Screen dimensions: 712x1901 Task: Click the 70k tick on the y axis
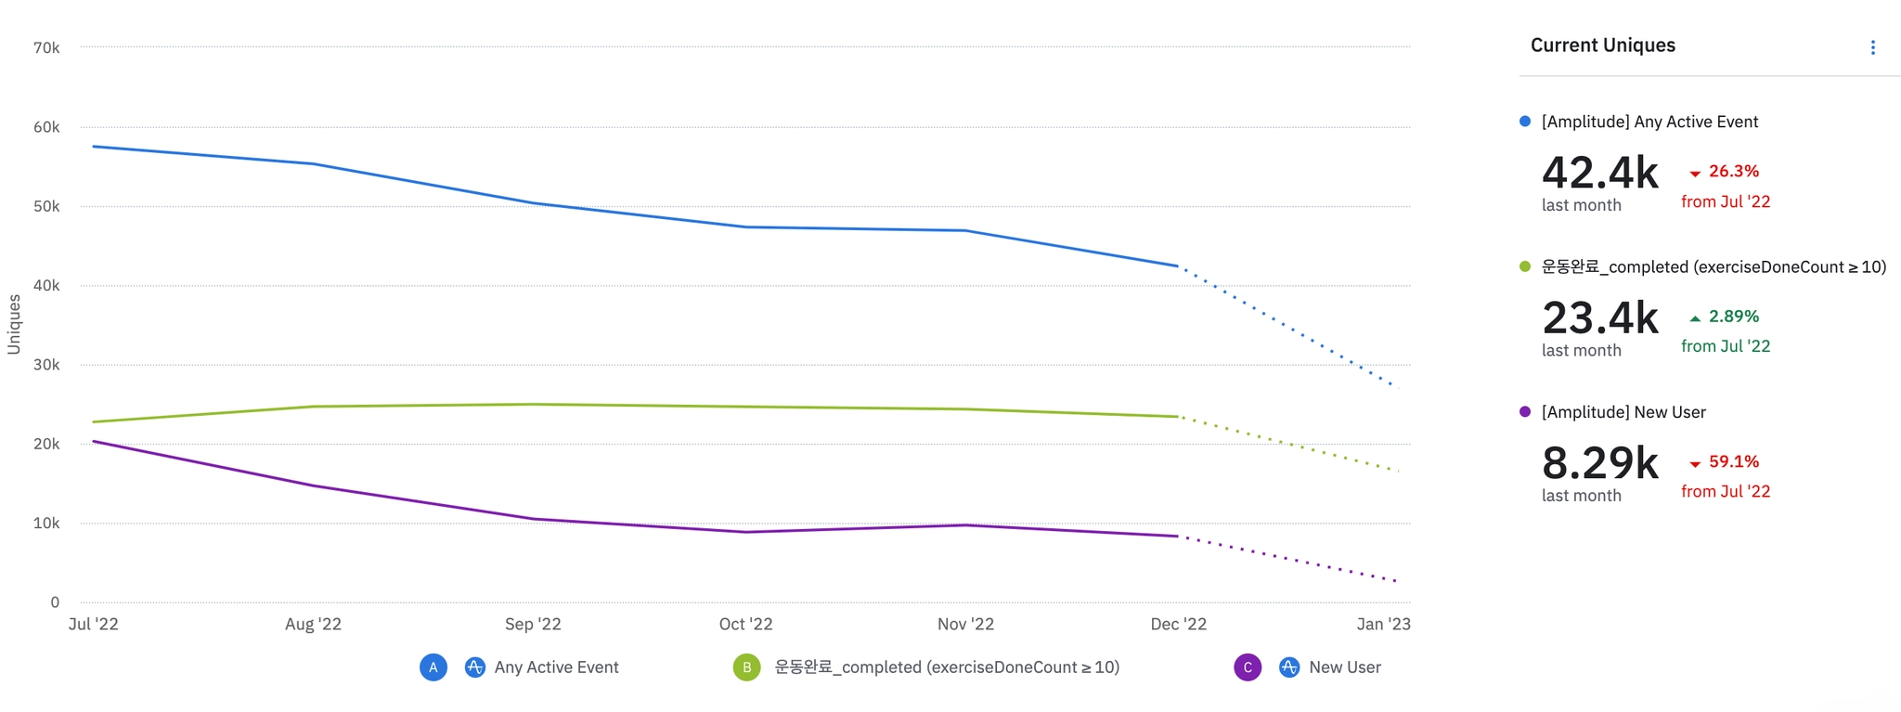[x=46, y=47]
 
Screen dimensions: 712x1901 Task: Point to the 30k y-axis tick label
[x=46, y=365]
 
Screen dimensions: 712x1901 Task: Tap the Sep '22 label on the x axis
[x=533, y=624]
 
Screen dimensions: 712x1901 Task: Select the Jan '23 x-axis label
[x=1383, y=624]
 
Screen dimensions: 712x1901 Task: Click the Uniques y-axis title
[x=14, y=324]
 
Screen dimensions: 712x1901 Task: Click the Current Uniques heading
[x=1602, y=45]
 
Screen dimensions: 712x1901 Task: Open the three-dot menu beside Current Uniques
[x=1872, y=47]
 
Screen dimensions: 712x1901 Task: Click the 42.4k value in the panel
[x=1599, y=173]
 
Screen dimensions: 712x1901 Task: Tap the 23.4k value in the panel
[x=1599, y=317]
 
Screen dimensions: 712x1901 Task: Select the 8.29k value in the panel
[x=1599, y=462]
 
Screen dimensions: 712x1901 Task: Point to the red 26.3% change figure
[x=1733, y=172]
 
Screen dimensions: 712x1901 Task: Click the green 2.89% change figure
[x=1733, y=317]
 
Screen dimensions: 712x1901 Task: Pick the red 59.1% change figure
[x=1733, y=461]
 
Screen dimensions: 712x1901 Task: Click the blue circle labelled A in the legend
[x=433, y=667]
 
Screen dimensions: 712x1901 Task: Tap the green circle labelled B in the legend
[x=746, y=667]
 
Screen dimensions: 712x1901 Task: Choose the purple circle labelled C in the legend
[x=1248, y=667]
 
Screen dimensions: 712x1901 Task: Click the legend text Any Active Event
[x=556, y=667]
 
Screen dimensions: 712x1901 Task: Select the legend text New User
[x=1344, y=667]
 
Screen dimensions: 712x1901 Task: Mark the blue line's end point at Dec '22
[x=1177, y=266]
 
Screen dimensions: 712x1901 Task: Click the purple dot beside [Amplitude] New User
[x=1524, y=412]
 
